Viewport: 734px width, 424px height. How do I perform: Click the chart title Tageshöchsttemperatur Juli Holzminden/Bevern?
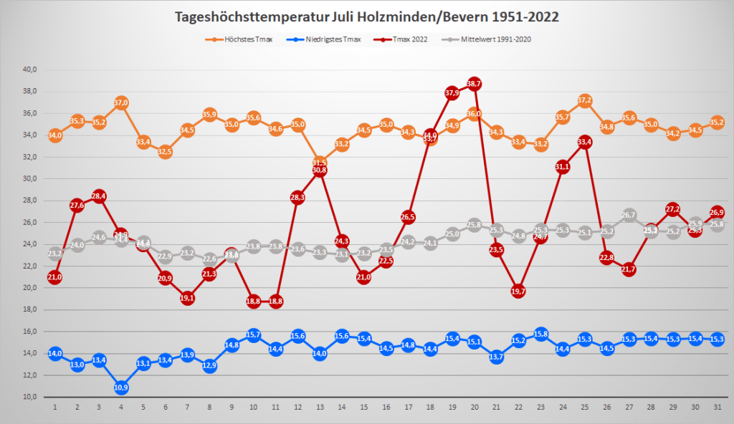coord(367,16)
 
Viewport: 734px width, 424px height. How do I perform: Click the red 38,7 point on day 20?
coord(474,84)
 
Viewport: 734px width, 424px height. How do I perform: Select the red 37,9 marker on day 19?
coord(452,93)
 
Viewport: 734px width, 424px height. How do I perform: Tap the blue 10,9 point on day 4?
coord(121,387)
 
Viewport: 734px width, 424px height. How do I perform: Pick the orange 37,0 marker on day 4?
coord(121,102)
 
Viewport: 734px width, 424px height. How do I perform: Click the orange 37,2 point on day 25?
coord(585,100)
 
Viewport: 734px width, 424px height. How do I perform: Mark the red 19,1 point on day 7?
coord(188,298)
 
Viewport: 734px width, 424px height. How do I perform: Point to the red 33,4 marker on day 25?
coord(585,142)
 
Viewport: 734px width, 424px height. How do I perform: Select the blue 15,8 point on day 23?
coord(541,334)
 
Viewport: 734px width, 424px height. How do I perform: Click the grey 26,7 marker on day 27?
coord(629,215)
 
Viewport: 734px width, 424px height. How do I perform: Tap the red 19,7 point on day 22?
coord(519,291)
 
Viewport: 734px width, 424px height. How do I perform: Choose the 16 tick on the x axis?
coord(386,408)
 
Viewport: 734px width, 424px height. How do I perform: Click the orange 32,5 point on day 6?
coord(166,152)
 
